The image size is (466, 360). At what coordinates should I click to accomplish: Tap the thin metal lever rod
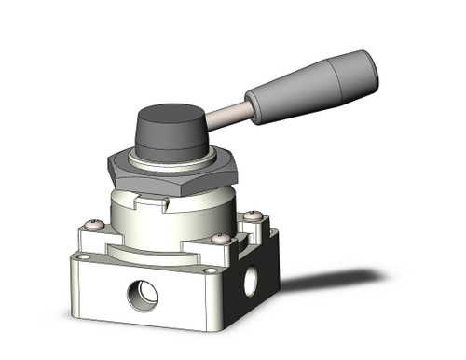coord(227,116)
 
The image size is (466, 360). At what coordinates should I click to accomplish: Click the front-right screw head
coord(220,239)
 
